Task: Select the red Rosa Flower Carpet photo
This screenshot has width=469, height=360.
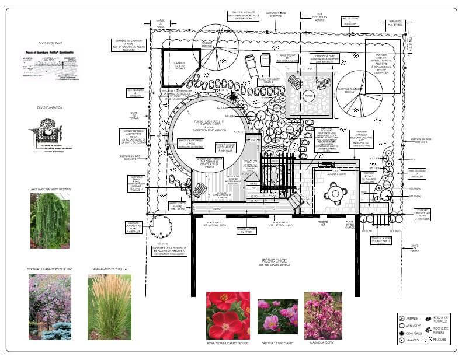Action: pos(228,315)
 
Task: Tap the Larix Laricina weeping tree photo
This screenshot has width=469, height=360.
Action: pos(50,220)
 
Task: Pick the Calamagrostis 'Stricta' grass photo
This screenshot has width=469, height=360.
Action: pos(109,307)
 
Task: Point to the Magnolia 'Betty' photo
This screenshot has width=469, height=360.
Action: pos(322,315)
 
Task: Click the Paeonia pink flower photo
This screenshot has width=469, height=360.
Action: pos(277,315)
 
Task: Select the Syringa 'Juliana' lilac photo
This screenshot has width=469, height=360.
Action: pos(50,307)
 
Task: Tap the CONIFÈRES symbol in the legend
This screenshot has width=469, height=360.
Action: pos(402,333)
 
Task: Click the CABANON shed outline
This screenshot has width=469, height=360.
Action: pos(180,63)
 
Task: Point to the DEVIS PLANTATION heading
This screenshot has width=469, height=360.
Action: pos(50,107)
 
